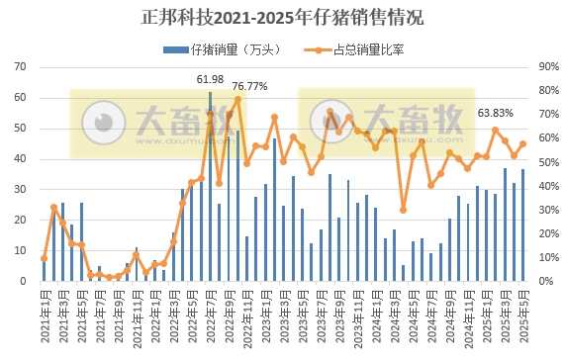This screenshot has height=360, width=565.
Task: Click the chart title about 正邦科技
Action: pyautogui.click(x=282, y=17)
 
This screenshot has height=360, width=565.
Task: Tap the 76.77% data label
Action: pyautogui.click(x=249, y=86)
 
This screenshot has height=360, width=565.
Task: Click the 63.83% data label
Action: pyautogui.click(x=496, y=113)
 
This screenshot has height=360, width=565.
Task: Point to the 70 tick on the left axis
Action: pyautogui.click(x=20, y=66)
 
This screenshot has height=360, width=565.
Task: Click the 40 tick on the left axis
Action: pyautogui.click(x=20, y=158)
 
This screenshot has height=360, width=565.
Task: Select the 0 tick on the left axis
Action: pyautogui.click(x=23, y=281)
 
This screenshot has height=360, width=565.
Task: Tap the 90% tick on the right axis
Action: pyautogui.click(x=547, y=66)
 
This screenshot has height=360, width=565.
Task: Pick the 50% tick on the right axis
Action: pyautogui.click(x=547, y=162)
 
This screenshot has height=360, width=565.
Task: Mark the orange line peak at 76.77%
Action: pyautogui.click(x=237, y=99)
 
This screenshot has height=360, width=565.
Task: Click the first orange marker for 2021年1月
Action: pyautogui.click(x=45, y=258)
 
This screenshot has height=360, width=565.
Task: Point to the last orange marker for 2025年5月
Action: pyautogui.click(x=523, y=143)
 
